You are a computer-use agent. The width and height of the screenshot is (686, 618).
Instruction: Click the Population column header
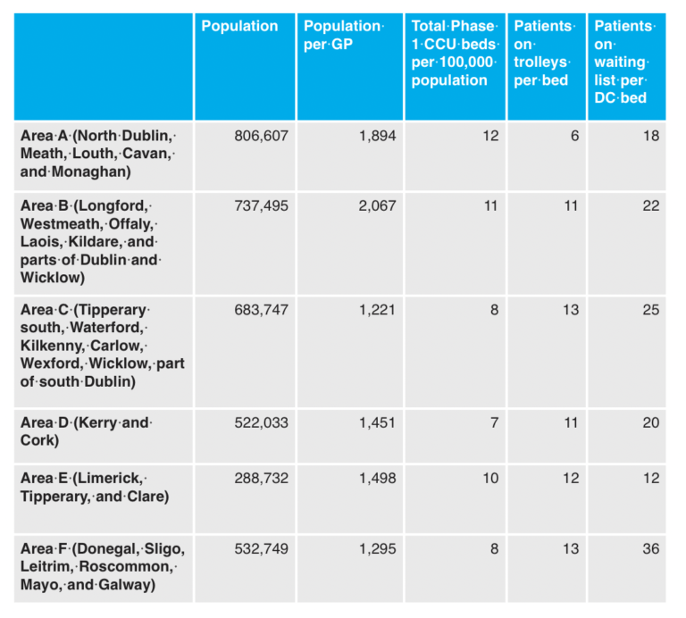pyautogui.click(x=239, y=27)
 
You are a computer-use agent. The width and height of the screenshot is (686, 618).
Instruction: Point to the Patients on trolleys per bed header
pyautogui.click(x=542, y=53)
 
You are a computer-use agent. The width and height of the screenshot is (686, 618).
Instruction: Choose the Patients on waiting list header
pyautogui.click(x=624, y=62)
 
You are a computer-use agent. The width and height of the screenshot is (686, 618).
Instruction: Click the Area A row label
pyautogui.click(x=98, y=154)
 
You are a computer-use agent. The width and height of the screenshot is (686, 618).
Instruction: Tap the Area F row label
pyautogui.click(x=102, y=567)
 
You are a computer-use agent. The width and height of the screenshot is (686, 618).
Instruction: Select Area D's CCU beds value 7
pyautogui.click(x=494, y=422)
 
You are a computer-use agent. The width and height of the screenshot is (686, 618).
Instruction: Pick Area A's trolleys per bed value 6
pyautogui.click(x=574, y=137)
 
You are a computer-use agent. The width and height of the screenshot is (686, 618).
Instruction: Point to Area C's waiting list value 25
pyautogui.click(x=650, y=310)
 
